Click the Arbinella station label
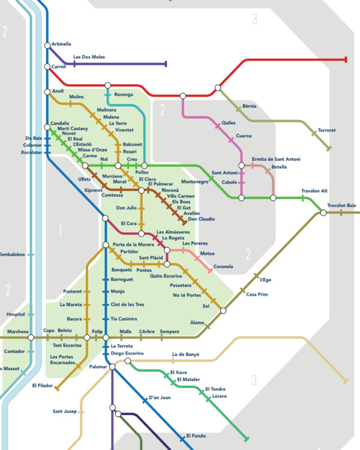61,44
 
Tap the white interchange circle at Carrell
47,67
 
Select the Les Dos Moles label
89,57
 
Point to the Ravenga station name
124,94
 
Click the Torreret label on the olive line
326,130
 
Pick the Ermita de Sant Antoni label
276,159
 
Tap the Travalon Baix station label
341,205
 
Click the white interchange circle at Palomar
112,367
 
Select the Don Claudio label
201,219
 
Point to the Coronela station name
223,266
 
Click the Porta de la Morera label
133,245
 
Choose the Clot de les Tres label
127,304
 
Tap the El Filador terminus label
43,385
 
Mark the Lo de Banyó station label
185,355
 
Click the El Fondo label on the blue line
196,436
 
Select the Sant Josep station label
65,411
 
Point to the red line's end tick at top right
346,59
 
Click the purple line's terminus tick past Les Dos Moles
166,64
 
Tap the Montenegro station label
194,182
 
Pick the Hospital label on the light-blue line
16,314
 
